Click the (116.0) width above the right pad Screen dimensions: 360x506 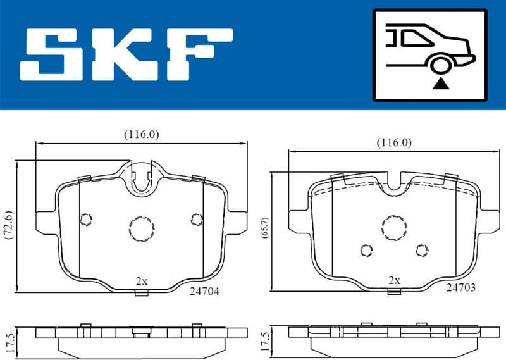[393, 142]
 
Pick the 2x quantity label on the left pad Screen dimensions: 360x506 [141, 280]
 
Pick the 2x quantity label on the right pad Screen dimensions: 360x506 [394, 280]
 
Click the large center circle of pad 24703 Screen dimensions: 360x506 [393, 226]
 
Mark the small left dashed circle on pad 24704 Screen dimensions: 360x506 [86, 219]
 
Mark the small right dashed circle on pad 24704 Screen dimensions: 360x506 [195, 218]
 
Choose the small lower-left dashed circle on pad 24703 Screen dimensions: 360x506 [366, 251]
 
